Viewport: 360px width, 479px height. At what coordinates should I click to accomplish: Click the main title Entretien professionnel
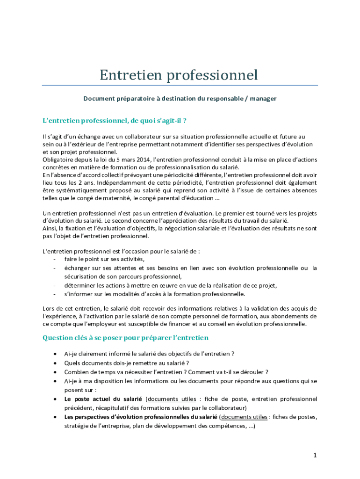(x=179, y=75)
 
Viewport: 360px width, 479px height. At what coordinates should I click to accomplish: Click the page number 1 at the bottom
(x=315, y=455)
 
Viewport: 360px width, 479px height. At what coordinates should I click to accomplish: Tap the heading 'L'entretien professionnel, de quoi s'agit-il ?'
(x=115, y=121)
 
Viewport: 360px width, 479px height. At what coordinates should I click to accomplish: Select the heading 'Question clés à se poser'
(x=125, y=338)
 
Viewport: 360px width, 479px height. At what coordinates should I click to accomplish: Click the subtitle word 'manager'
(x=263, y=99)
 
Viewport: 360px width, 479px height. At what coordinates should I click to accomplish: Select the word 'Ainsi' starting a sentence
(x=49, y=228)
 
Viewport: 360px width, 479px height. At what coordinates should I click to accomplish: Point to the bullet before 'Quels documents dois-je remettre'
(x=56, y=363)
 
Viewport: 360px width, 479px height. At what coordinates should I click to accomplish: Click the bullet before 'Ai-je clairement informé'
(x=56, y=354)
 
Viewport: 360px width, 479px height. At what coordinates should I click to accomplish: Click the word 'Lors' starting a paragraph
(x=49, y=308)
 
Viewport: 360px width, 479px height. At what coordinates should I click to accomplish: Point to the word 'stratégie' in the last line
(x=76, y=426)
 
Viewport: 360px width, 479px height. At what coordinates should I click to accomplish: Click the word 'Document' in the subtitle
(x=98, y=99)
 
